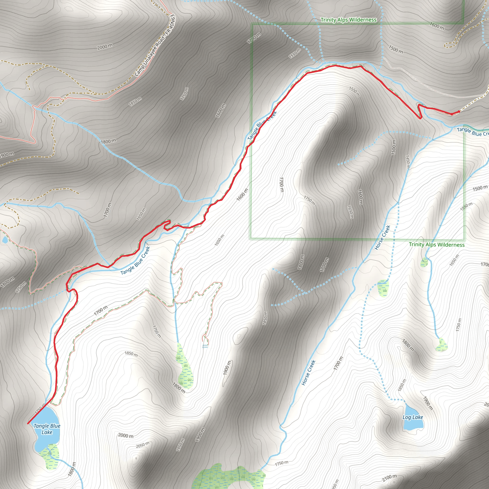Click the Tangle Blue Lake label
(x=47, y=429)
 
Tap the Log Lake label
(x=413, y=417)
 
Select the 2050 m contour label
(x=143, y=445)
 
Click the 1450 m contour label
(x=408, y=162)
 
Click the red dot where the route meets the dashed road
(x=459, y=112)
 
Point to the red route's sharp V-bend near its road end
(x=420, y=118)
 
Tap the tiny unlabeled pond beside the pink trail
(x=5, y=240)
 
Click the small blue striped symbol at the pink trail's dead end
(x=205, y=346)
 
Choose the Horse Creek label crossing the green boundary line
(x=383, y=237)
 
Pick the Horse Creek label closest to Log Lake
(x=308, y=372)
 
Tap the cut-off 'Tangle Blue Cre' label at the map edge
(x=473, y=132)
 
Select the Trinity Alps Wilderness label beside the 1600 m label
(x=349, y=20)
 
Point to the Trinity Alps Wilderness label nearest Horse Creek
(x=437, y=244)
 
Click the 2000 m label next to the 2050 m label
(x=126, y=436)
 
